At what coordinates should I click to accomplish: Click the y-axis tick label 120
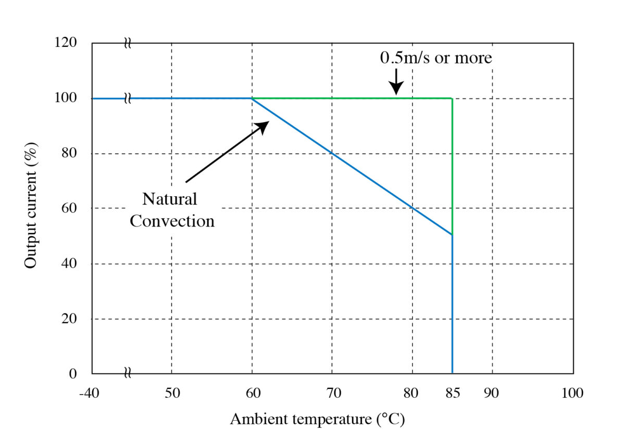click(x=66, y=43)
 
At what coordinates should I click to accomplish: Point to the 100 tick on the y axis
click(x=66, y=98)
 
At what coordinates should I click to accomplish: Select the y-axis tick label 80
click(x=69, y=154)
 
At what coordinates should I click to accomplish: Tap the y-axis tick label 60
click(x=69, y=208)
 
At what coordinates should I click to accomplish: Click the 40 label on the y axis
click(x=69, y=264)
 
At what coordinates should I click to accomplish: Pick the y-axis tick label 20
click(x=69, y=319)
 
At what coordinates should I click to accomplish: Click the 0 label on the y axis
click(x=73, y=374)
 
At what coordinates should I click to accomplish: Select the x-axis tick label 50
click(x=172, y=393)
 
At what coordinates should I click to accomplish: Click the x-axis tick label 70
click(x=332, y=393)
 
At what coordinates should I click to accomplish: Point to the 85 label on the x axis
click(x=452, y=393)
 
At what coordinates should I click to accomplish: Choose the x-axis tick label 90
click(x=492, y=393)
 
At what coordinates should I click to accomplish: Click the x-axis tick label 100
click(x=572, y=393)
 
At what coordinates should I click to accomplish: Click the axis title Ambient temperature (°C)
click(x=317, y=419)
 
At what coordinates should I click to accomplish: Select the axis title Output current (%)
click(x=31, y=208)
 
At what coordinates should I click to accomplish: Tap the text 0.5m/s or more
click(x=435, y=58)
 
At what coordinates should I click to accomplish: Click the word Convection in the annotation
click(x=172, y=221)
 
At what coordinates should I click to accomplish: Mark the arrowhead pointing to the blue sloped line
click(x=262, y=126)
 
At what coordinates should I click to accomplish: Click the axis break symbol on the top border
click(x=128, y=43)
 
